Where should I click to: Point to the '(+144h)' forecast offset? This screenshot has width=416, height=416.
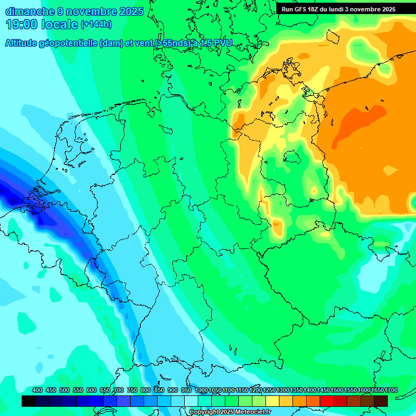(x=96, y=24)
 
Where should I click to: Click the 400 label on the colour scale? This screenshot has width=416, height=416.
(x=37, y=390)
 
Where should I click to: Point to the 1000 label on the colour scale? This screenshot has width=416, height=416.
(x=201, y=390)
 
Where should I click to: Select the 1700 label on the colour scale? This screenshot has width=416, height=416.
(x=391, y=390)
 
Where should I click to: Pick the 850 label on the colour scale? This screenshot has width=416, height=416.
(x=159, y=390)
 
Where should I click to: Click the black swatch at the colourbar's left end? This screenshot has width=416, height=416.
(x=29, y=401)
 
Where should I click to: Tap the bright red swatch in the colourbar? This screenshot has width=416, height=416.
(x=327, y=401)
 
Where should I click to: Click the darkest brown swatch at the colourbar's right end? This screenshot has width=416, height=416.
(x=381, y=401)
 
